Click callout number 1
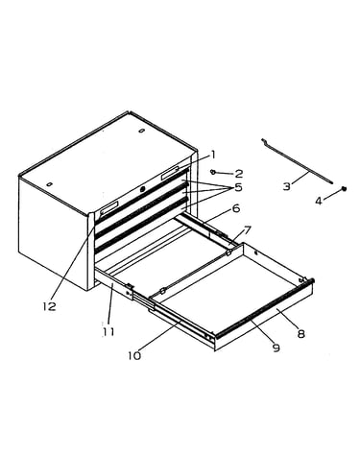(212, 156)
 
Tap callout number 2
(239, 174)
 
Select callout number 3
(287, 186)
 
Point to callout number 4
(319, 202)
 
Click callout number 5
(238, 187)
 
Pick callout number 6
(235, 208)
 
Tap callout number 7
(248, 229)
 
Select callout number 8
(300, 334)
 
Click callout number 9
(276, 348)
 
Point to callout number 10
(134, 355)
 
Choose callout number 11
(108, 332)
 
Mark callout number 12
(50, 306)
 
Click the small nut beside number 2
(212, 172)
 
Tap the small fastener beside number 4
(345, 188)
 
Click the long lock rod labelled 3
(297, 161)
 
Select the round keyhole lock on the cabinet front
(143, 189)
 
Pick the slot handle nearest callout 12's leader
(109, 208)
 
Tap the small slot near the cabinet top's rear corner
(141, 131)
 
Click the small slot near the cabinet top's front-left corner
(49, 184)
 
